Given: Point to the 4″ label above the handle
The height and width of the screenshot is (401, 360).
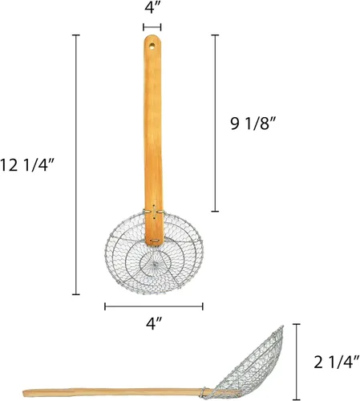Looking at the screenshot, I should pyautogui.click(x=152, y=9).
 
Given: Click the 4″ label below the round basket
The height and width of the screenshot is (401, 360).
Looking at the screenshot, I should pyautogui.click(x=153, y=325).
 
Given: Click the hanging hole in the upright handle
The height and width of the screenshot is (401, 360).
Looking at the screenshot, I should pyautogui.click(x=152, y=44).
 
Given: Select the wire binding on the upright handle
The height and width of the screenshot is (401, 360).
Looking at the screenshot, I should pyautogui.click(x=153, y=213).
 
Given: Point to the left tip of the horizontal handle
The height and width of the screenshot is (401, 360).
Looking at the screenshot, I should pyautogui.click(x=25, y=393).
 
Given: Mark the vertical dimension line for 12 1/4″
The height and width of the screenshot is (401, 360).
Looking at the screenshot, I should pyautogui.click(x=76, y=164).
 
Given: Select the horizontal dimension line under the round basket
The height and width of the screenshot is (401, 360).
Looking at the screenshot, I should pyautogui.click(x=153, y=305).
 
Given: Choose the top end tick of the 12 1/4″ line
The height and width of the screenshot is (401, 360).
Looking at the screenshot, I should pyautogui.click(x=76, y=35).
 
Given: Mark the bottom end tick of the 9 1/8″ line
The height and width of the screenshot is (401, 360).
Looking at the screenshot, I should pyautogui.click(x=214, y=211).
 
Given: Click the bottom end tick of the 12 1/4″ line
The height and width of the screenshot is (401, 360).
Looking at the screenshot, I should pyautogui.click(x=76, y=294).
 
